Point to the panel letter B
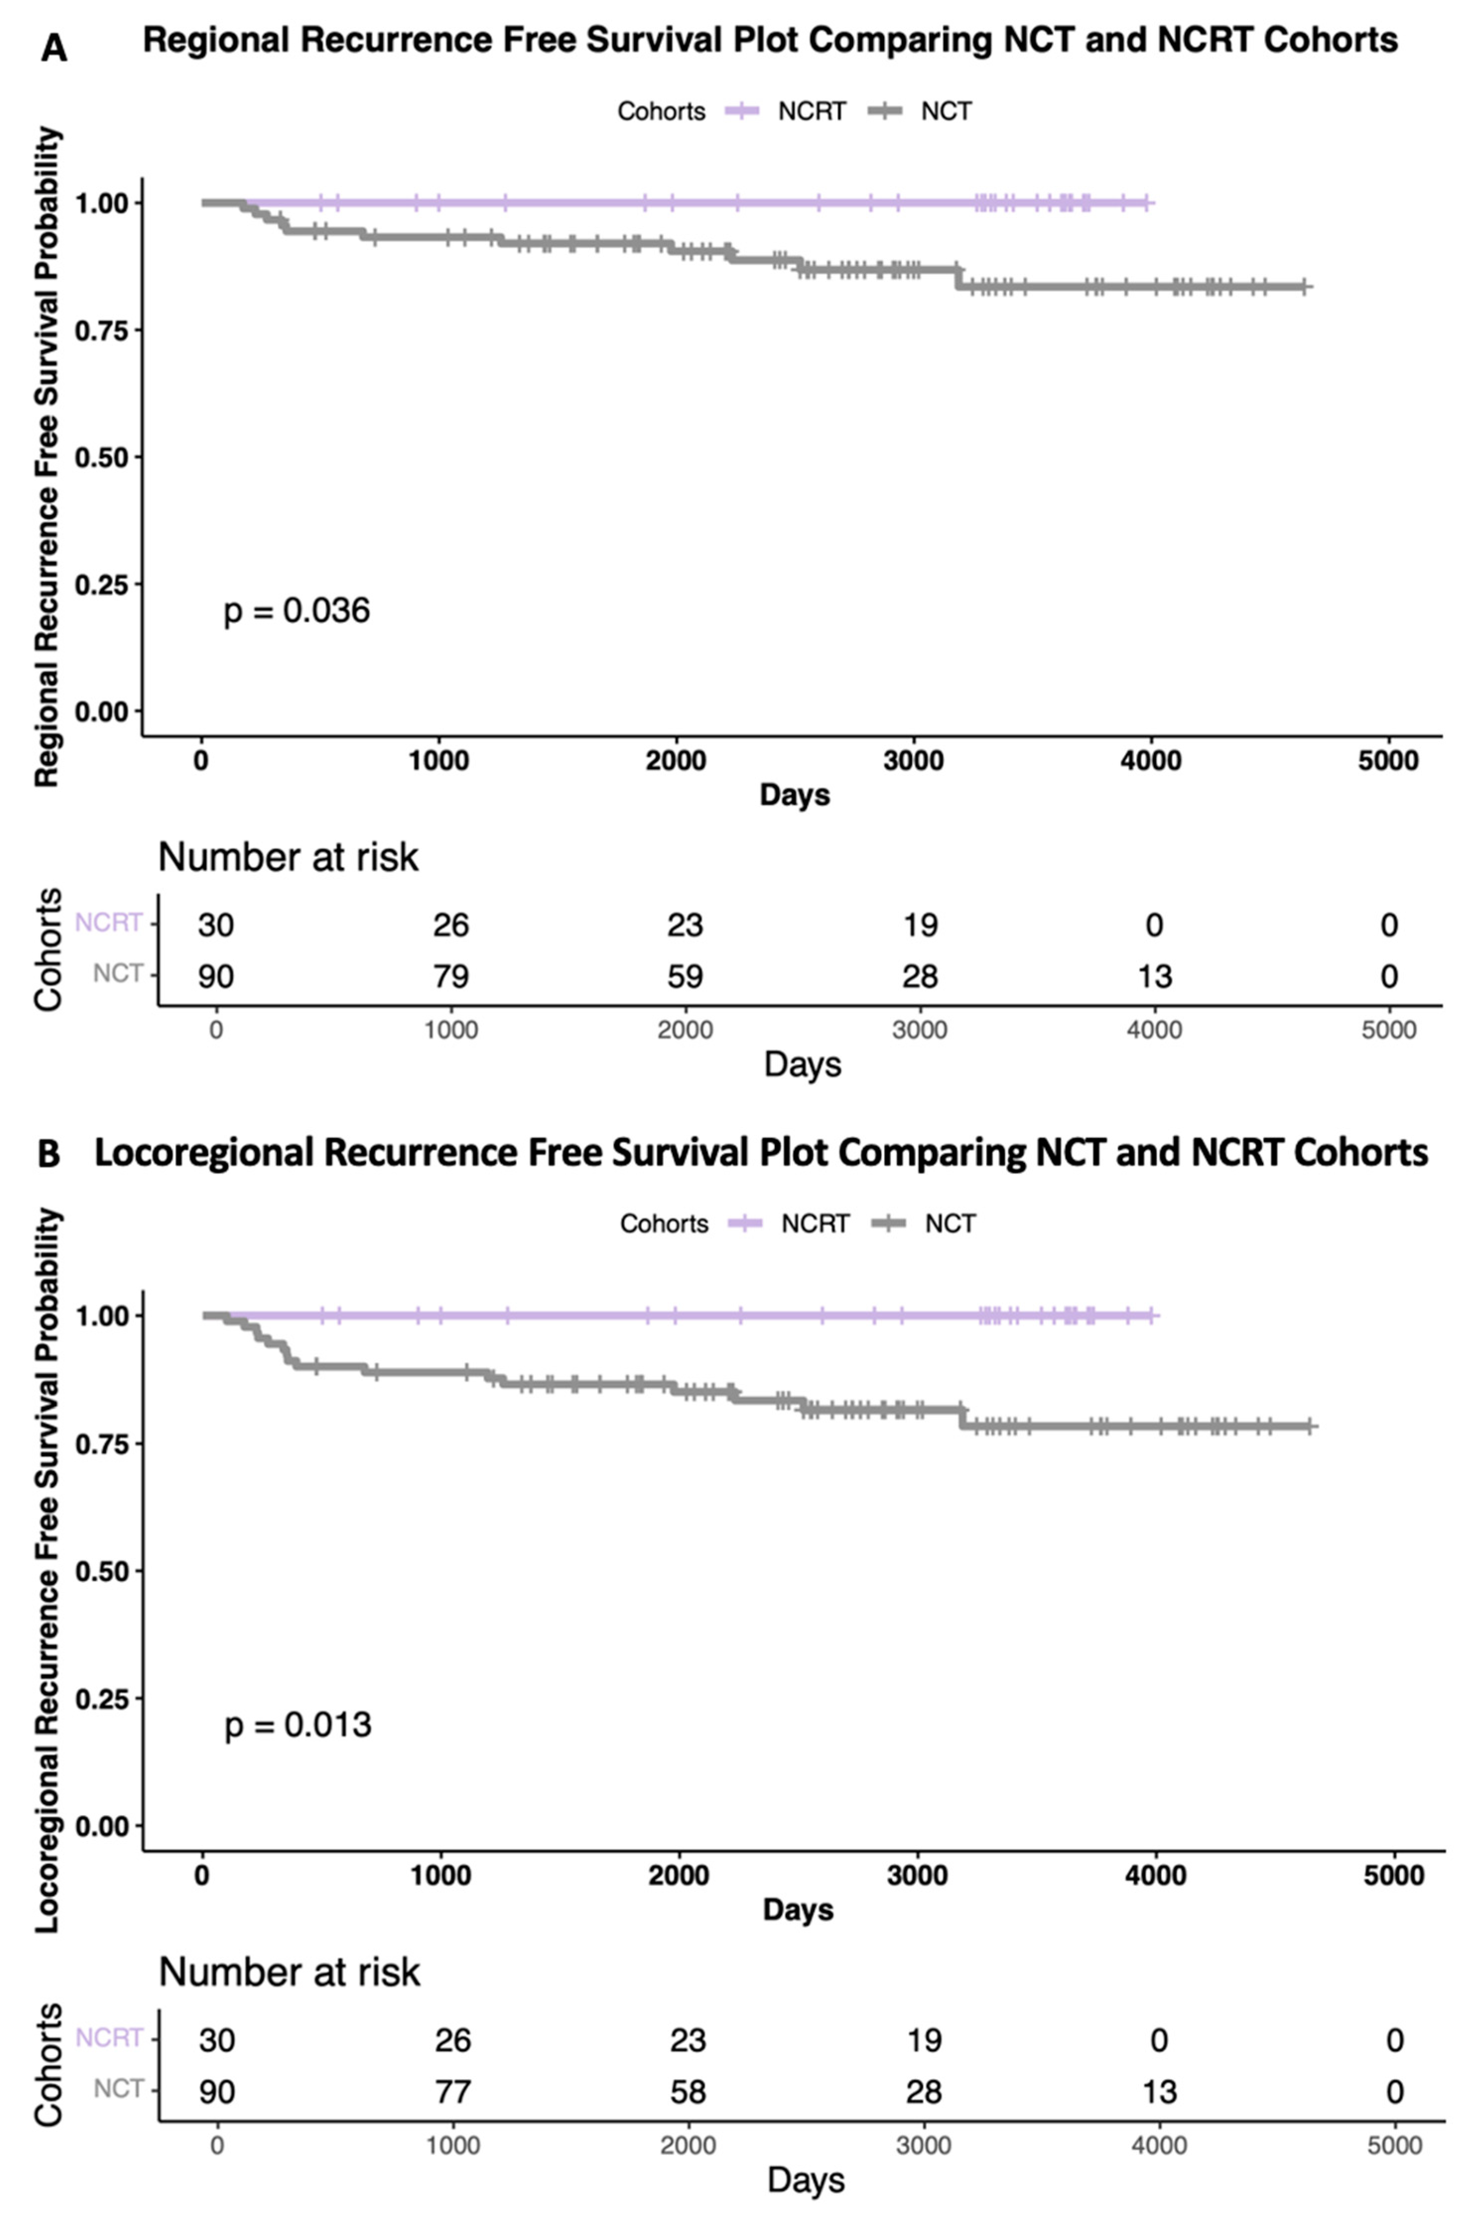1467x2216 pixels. tap(49, 1154)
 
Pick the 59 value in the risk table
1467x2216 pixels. tap(685, 976)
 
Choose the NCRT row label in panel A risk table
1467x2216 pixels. tap(109, 923)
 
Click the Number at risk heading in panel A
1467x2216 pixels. tap(288, 856)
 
